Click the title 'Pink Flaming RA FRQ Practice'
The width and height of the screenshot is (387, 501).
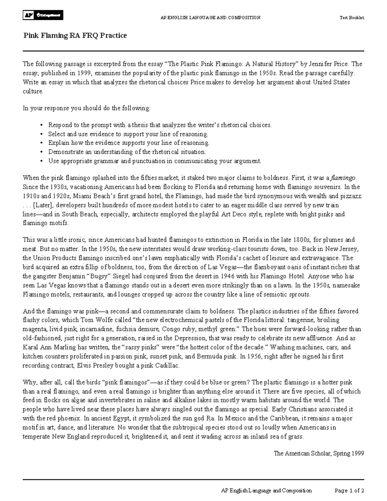coord(75,35)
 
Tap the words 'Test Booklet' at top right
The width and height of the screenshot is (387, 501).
coord(352,18)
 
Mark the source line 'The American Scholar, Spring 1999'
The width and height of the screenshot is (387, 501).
coord(319,453)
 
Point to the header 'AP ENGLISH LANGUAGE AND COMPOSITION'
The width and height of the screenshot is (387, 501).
coord(210,18)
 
